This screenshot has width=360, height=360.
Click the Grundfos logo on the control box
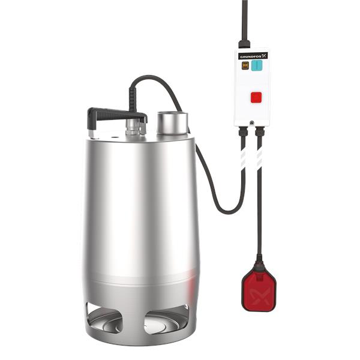(x=252, y=56)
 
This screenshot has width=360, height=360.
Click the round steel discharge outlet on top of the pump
(x=172, y=123)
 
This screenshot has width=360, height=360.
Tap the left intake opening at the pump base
(x=104, y=318)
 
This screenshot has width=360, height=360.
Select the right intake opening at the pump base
(x=166, y=319)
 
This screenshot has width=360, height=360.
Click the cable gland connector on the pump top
(x=135, y=126)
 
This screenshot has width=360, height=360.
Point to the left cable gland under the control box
(x=243, y=130)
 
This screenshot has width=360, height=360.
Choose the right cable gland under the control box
(x=260, y=130)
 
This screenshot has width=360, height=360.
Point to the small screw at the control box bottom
(x=251, y=123)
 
